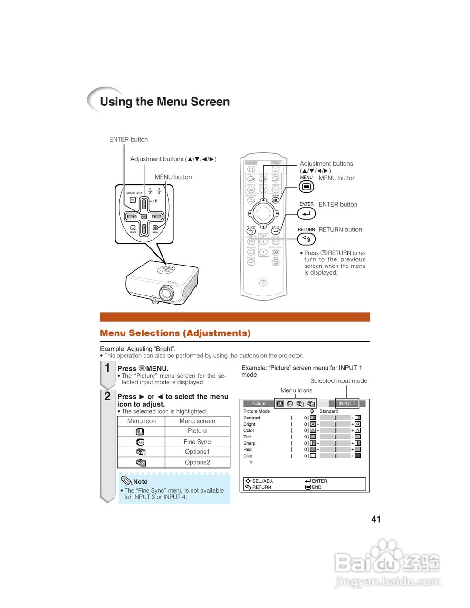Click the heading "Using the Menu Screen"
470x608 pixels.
click(x=164, y=102)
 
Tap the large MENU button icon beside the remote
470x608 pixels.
click(x=307, y=187)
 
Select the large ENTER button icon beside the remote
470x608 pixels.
click(x=307, y=214)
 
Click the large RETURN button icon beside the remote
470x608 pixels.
click(x=307, y=239)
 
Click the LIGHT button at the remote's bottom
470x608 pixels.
click(x=263, y=284)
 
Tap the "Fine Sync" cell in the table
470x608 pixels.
click(x=197, y=442)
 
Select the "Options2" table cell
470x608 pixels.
click(x=197, y=462)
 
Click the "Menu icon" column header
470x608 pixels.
click(x=142, y=421)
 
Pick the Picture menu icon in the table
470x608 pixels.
click(x=140, y=432)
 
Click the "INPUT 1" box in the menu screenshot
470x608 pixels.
click(x=347, y=403)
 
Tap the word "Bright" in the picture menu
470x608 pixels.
click(x=249, y=424)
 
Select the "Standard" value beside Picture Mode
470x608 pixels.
click(x=328, y=411)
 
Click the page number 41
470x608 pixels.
click(x=376, y=519)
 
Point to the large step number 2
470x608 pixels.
click(x=107, y=396)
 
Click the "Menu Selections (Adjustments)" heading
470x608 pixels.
click(x=175, y=333)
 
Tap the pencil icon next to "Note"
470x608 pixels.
click(x=126, y=481)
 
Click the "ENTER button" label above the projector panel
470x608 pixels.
click(x=128, y=140)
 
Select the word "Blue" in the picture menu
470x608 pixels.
click(x=248, y=456)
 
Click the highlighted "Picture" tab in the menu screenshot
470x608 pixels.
click(x=259, y=403)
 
